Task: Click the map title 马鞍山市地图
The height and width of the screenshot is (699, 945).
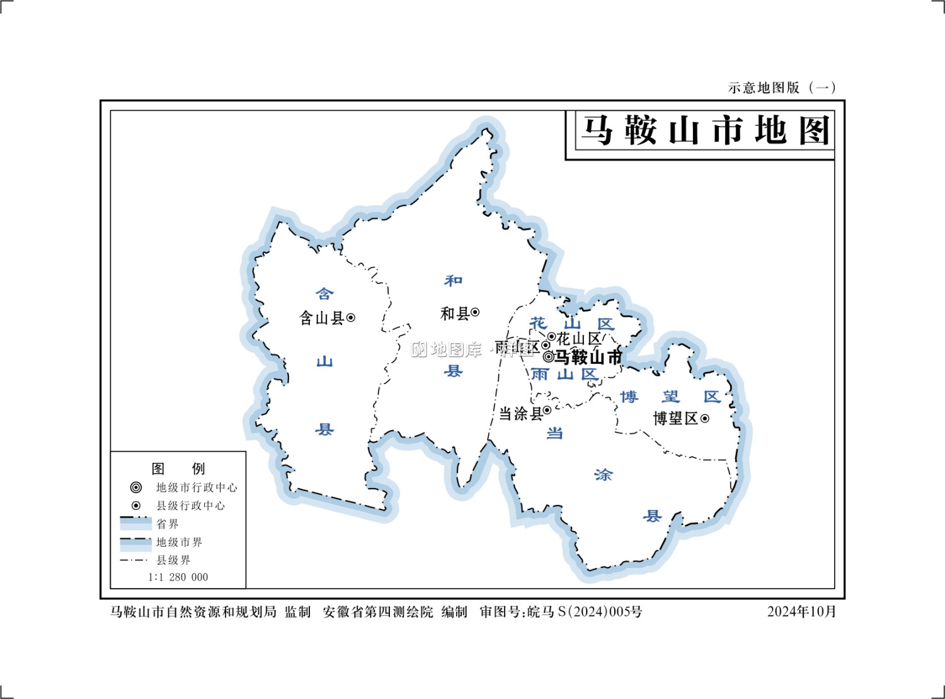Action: point(704,131)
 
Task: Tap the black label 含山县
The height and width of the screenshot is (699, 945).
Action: point(321,318)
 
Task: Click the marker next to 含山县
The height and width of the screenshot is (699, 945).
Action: point(351,318)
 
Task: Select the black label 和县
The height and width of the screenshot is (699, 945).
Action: point(455,313)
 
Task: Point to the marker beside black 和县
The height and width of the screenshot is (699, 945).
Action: point(475,312)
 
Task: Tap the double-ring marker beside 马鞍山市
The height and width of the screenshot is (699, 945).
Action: point(549,357)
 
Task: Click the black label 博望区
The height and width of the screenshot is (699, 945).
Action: point(675,418)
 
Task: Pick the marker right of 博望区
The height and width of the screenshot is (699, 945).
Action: point(705,418)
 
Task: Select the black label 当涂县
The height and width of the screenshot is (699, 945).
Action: point(520,414)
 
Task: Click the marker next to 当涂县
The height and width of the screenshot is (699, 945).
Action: point(547,411)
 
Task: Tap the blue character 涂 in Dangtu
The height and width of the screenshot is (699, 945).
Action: point(603,475)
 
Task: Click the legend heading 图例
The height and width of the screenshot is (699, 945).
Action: point(178,469)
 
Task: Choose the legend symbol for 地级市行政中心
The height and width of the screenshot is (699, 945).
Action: point(135,487)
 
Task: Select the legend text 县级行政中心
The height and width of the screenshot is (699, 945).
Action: point(190,506)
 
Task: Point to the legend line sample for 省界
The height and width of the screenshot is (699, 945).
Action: point(135,522)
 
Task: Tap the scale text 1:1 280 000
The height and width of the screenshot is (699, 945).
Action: point(178,577)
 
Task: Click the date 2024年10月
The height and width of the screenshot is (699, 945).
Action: point(801,611)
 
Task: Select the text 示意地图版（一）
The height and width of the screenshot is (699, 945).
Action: point(782,88)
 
